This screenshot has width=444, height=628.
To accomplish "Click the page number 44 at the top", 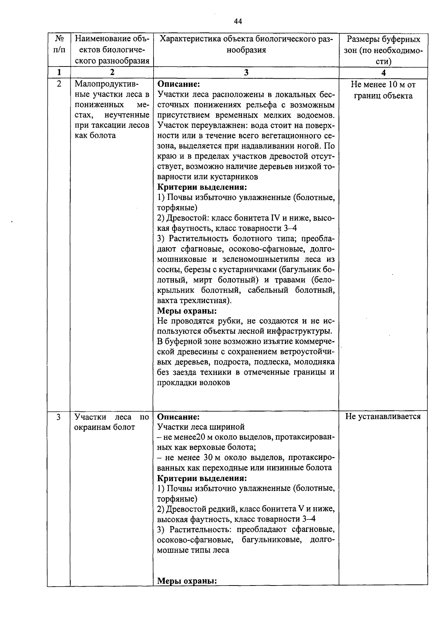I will click(238, 21).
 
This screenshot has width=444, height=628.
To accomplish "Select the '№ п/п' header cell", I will click(58, 44).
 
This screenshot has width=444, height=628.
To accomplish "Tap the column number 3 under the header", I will click(246, 73).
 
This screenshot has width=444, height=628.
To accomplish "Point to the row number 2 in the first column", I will click(58, 84).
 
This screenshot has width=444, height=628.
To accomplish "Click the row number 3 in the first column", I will click(58, 417).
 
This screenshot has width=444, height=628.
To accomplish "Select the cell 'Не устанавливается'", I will click(383, 417).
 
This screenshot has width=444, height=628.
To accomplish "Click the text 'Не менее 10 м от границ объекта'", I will click(383, 90).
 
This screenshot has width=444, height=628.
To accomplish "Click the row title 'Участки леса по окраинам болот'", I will click(111, 422).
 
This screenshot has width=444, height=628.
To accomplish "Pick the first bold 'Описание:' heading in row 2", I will click(178, 84).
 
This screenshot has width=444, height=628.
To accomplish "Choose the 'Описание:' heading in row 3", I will click(178, 417).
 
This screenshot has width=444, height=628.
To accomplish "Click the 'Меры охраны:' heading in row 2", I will click(187, 311).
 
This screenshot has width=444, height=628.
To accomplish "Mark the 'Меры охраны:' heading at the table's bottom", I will click(187, 581).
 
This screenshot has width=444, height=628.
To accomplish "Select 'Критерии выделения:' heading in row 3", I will click(202, 478).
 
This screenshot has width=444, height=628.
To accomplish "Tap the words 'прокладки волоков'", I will click(194, 383).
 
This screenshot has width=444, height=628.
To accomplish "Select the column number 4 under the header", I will click(383, 73).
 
